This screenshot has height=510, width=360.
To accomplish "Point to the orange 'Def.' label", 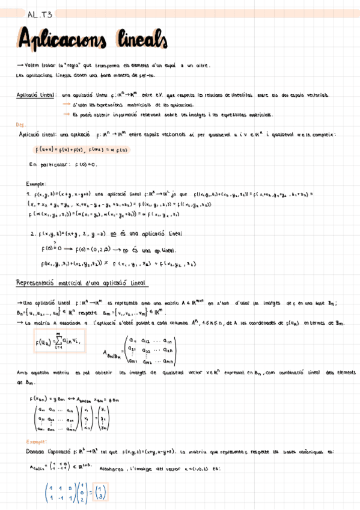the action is pyautogui.click(x=20, y=124).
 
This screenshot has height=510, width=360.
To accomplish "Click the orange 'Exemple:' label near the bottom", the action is pyautogui.click(x=24, y=441).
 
